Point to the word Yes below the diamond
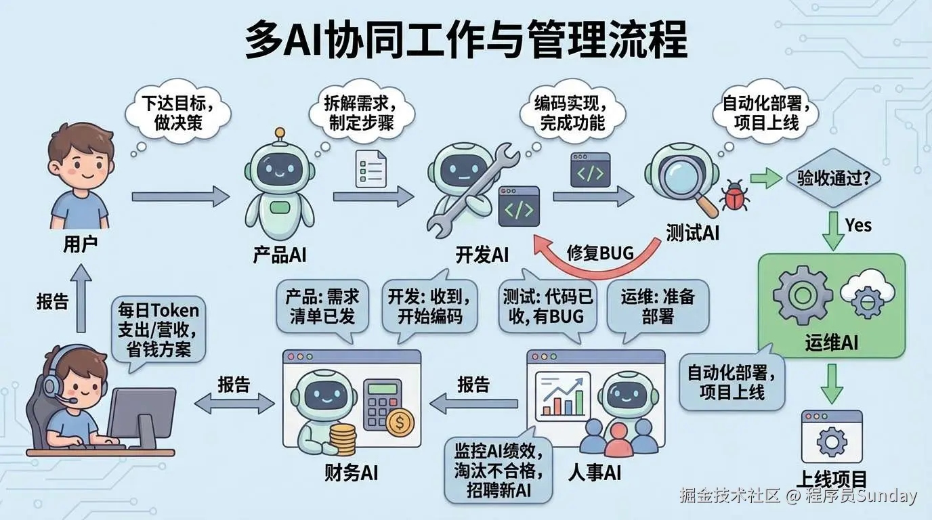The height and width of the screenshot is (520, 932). click(x=858, y=225)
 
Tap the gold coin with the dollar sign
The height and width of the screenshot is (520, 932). click(x=401, y=424)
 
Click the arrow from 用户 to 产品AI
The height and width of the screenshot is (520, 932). click(x=180, y=196)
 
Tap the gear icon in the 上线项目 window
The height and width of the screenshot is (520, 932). click(x=832, y=441)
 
